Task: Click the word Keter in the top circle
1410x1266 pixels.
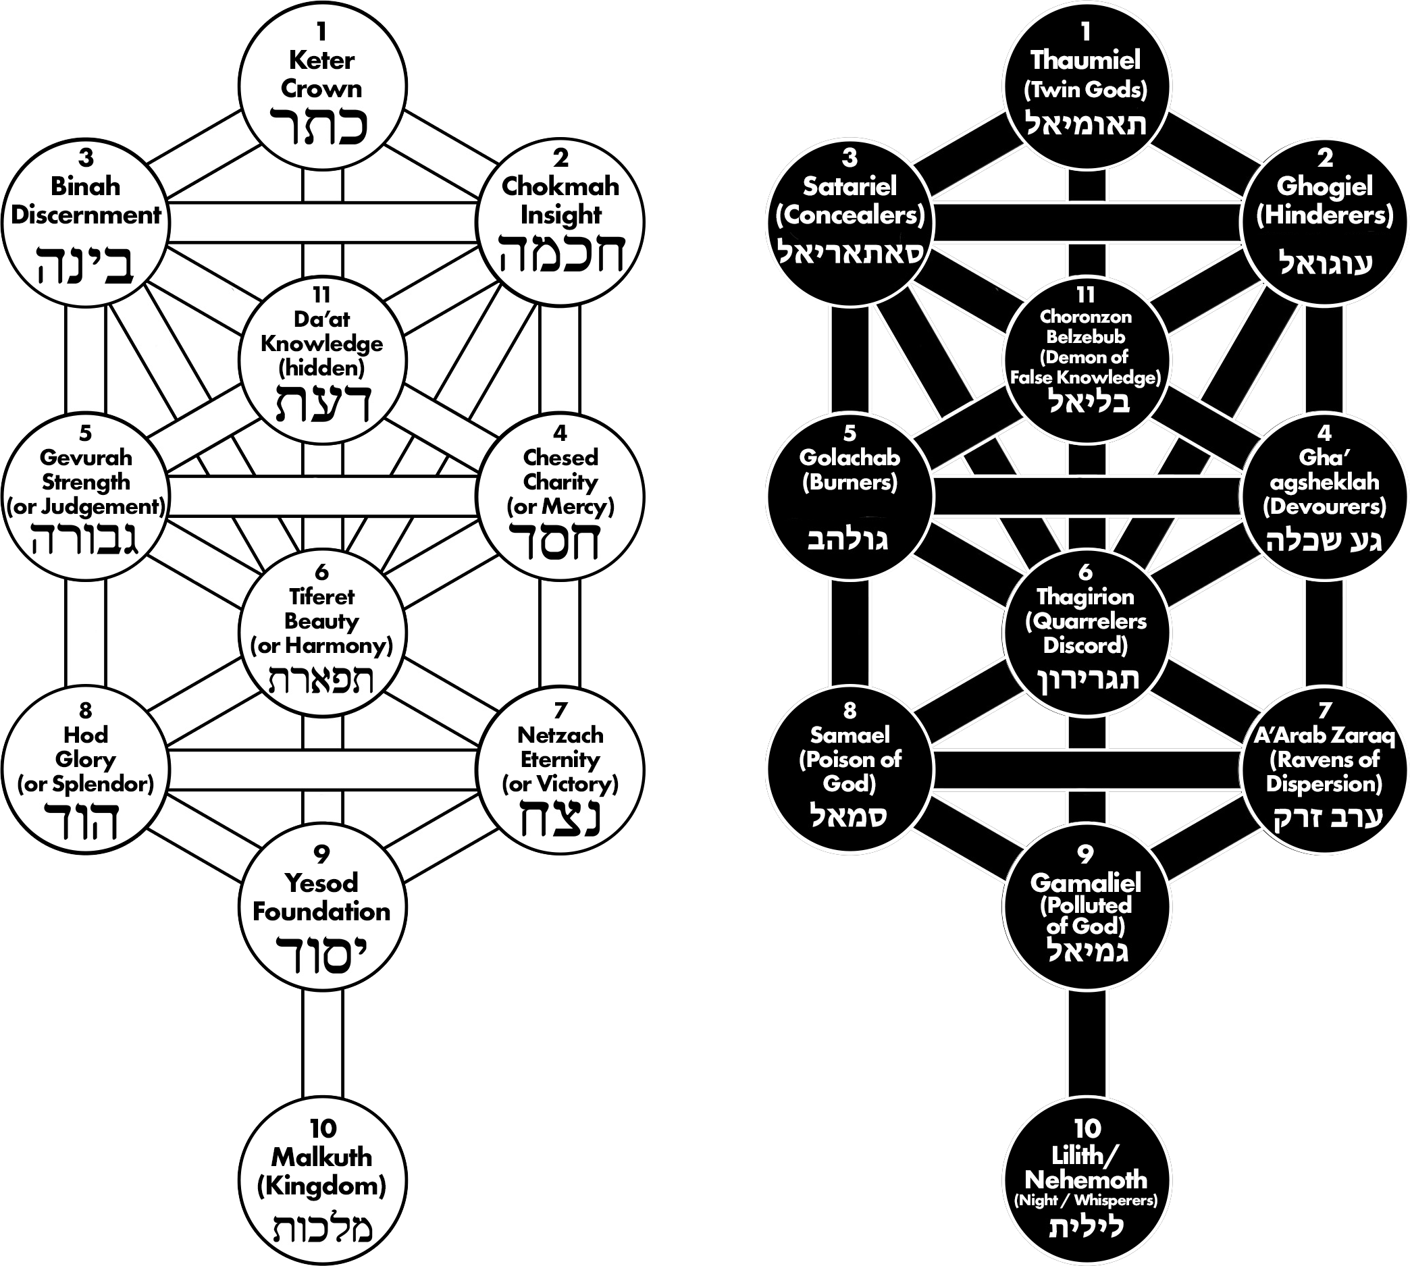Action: (321, 61)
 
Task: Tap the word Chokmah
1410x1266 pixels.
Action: (560, 186)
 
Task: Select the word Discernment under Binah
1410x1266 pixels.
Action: (86, 215)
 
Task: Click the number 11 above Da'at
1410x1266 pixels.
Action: (321, 295)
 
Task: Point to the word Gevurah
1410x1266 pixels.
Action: (86, 457)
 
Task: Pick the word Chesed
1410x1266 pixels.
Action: (560, 457)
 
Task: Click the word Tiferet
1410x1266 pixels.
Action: (321, 596)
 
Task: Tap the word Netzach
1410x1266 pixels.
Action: (560, 735)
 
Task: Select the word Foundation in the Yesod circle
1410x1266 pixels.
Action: (321, 912)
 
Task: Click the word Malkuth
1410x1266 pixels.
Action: (321, 1157)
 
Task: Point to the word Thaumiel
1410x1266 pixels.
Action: (1086, 61)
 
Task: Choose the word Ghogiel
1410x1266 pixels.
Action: (1324, 186)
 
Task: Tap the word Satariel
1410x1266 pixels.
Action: (850, 186)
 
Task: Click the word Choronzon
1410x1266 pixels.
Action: (1086, 317)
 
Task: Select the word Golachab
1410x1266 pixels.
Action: (850, 457)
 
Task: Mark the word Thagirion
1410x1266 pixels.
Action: (1086, 596)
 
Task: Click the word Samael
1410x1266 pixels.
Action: (850, 735)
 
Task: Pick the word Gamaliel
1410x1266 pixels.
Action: (1086, 882)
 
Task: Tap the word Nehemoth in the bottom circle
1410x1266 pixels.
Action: (1086, 1180)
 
